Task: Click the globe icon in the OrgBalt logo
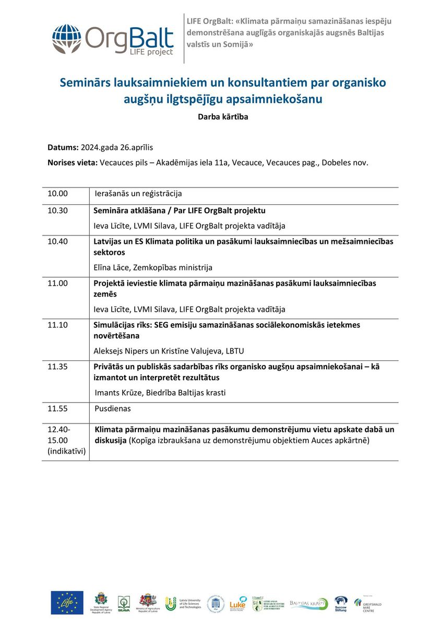point(66,39)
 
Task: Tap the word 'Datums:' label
point(63,148)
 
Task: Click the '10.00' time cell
point(58,194)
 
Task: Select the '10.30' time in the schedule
point(58,211)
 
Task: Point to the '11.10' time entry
point(58,325)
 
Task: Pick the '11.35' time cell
point(58,367)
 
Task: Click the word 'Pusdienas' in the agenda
point(113,408)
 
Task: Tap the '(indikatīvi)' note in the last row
point(66,450)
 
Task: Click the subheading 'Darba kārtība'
point(223,117)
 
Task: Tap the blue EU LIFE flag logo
point(67,603)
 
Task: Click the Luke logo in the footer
point(237,603)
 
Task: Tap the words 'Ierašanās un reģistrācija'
point(138,194)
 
